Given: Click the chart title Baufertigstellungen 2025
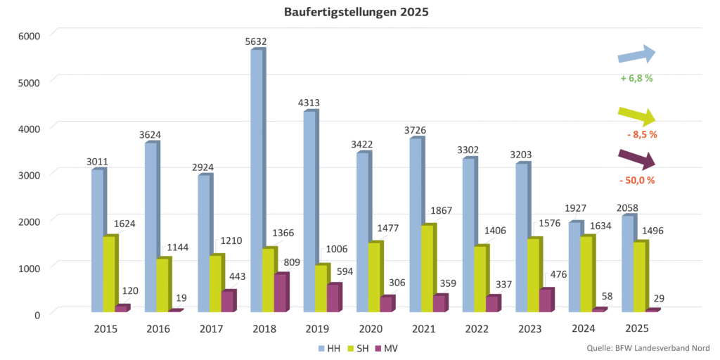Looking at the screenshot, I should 356,12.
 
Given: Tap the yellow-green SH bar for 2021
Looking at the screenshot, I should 428,267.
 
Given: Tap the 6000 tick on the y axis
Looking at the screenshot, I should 30,35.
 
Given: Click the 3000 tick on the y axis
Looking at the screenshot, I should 30,174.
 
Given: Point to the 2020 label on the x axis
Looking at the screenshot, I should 370,328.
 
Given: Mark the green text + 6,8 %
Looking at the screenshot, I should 637,79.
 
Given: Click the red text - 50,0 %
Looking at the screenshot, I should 637,181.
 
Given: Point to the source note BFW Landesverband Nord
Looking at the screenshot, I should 648,348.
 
